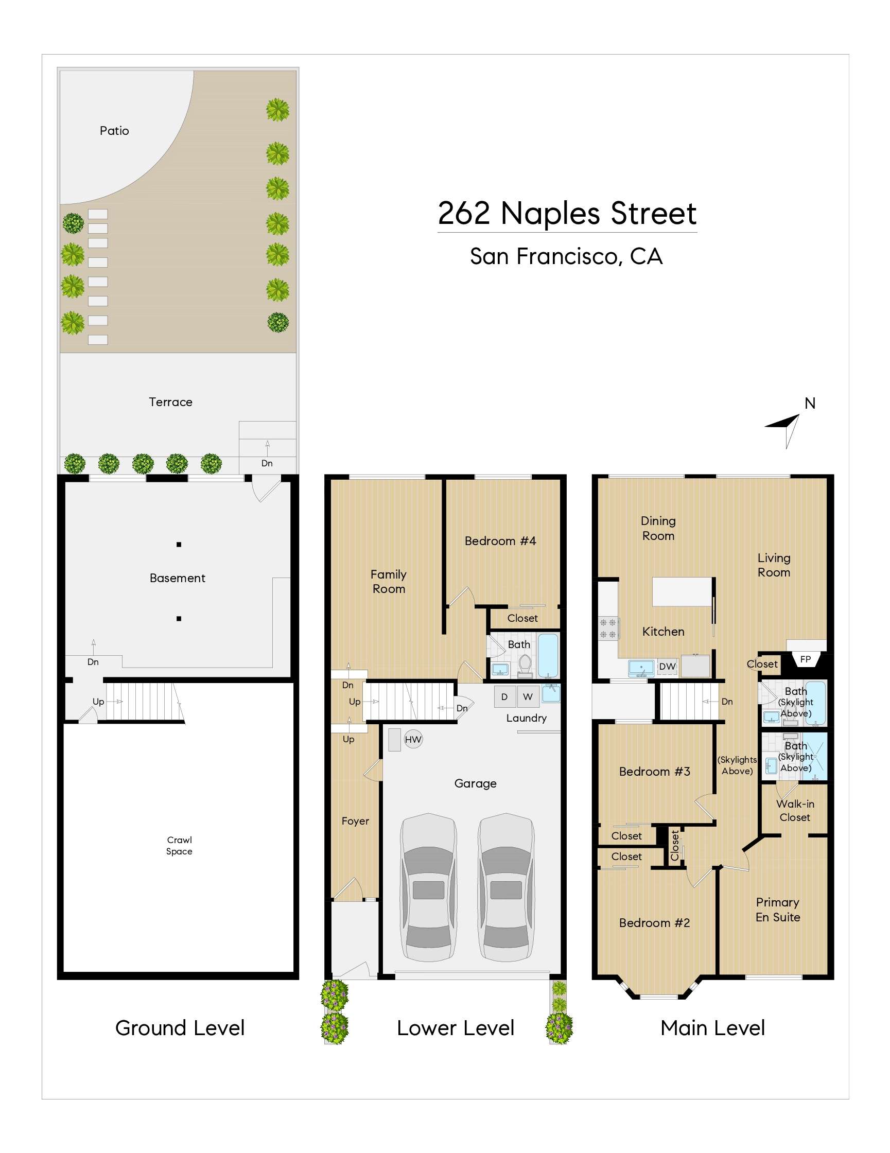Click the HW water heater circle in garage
pyautogui.click(x=413, y=739)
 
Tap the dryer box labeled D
pyautogui.click(x=504, y=696)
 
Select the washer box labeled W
pyautogui.click(x=527, y=696)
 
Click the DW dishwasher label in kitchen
pyautogui.click(x=667, y=666)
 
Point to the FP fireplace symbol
pyautogui.click(x=805, y=659)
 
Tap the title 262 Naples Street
pyautogui.click(x=567, y=213)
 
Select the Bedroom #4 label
pyautogui.click(x=500, y=540)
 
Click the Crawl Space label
pyautogui.click(x=179, y=845)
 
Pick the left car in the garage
pyautogui.click(x=428, y=887)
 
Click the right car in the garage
pyautogui.click(x=505, y=887)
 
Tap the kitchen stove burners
pyautogui.click(x=607, y=628)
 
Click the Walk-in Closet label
pyautogui.click(x=794, y=810)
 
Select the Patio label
pyautogui.click(x=114, y=130)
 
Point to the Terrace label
pyautogui.click(x=170, y=402)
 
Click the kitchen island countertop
pyautogui.click(x=682, y=591)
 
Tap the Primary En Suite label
pyautogui.click(x=777, y=909)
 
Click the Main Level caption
pyautogui.click(x=712, y=1027)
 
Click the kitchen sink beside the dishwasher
pyautogui.click(x=641, y=667)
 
